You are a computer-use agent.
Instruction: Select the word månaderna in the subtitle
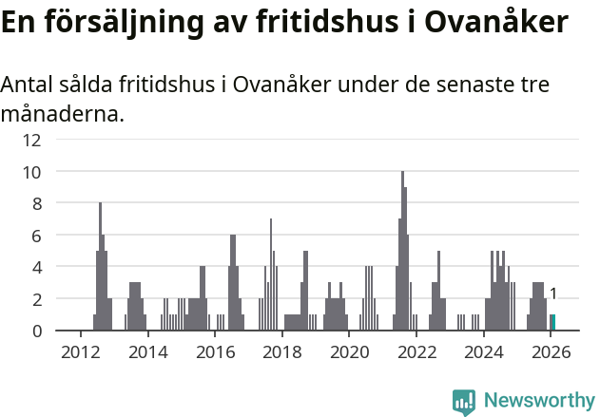point(62,115)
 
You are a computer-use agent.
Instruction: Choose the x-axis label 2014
point(147,351)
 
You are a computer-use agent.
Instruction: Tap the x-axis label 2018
point(281,351)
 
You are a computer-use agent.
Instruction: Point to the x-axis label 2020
point(349,351)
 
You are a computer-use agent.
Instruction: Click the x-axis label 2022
point(416,351)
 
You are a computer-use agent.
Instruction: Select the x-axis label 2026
point(551,351)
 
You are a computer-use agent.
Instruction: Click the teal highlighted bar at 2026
point(552,323)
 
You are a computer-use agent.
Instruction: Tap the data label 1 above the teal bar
point(552,294)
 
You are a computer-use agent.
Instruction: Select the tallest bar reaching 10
point(402,252)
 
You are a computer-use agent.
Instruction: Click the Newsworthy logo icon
point(464,402)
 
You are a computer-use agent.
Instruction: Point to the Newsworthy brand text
point(538,401)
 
